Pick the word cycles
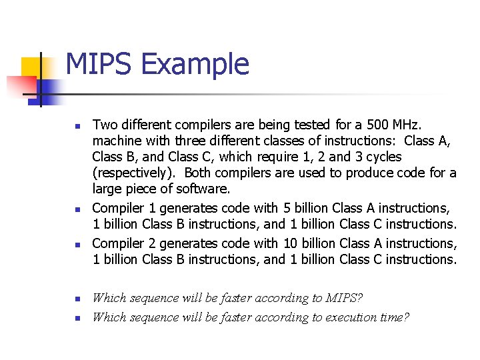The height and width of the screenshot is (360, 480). point(378,157)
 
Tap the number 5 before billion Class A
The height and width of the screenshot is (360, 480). point(287,209)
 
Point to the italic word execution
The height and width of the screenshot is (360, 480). point(352,317)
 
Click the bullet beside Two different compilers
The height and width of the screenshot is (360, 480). point(78,125)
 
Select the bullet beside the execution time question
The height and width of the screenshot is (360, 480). point(78,318)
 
